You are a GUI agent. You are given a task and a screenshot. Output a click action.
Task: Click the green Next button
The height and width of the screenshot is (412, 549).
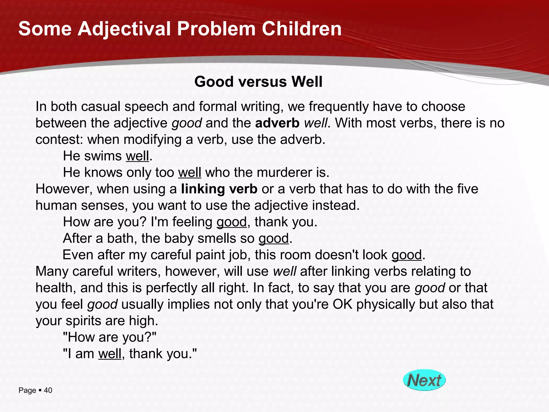(x=424, y=380)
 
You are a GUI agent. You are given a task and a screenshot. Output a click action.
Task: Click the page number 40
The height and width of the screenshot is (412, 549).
(x=48, y=390)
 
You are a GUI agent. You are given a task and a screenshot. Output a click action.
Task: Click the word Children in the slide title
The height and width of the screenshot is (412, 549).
(x=302, y=29)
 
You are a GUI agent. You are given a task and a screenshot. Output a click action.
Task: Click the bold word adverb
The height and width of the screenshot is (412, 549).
(x=277, y=123)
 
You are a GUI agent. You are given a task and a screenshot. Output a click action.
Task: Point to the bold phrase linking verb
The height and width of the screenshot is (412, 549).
(x=219, y=189)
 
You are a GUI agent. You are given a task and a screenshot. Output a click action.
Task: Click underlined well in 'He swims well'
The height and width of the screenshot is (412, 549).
(x=137, y=156)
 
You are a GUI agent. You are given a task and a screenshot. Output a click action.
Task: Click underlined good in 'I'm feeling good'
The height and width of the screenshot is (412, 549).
(x=231, y=222)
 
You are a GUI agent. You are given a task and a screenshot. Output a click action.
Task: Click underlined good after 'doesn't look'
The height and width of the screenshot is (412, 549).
(x=407, y=255)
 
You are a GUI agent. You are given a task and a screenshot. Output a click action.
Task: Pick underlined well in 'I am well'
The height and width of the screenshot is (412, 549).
(x=110, y=354)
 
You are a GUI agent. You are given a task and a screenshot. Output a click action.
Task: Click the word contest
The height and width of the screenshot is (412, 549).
(x=59, y=140)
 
